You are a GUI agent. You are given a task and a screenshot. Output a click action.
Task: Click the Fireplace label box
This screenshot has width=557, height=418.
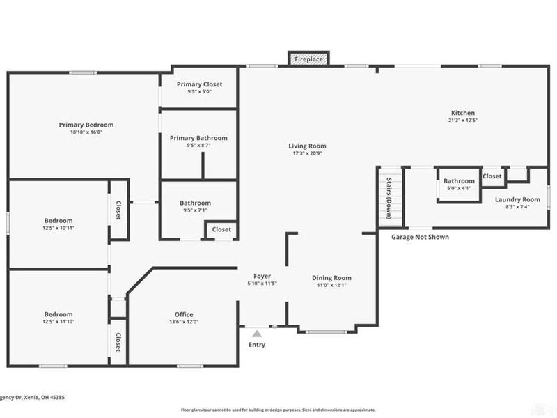click(308, 60)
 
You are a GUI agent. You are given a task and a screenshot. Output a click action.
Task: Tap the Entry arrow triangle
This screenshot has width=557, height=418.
click(256, 334)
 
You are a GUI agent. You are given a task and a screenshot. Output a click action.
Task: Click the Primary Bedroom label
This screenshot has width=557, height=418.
click(86, 125)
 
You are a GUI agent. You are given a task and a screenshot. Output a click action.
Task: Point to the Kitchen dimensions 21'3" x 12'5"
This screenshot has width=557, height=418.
click(462, 120)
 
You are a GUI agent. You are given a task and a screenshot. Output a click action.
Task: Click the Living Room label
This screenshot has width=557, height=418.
click(307, 146)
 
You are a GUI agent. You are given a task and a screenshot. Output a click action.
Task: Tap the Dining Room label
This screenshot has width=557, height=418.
click(331, 277)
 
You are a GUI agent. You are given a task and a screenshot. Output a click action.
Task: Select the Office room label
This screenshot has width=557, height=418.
click(184, 314)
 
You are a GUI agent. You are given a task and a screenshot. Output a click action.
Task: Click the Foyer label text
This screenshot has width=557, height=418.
click(262, 277)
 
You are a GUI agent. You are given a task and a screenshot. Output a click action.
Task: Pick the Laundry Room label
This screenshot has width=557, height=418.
click(517, 199)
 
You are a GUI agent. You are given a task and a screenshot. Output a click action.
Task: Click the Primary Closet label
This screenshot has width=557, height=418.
click(199, 84)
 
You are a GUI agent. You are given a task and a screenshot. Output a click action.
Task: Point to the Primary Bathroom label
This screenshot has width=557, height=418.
click(198, 138)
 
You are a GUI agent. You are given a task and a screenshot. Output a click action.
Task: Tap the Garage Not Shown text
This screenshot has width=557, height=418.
click(419, 237)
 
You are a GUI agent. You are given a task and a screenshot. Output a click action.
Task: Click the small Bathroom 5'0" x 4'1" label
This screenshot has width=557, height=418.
click(459, 181)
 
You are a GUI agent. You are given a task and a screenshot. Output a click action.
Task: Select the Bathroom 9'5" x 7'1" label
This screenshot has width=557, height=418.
click(195, 203)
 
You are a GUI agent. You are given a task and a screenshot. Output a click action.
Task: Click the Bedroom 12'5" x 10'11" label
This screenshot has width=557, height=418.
click(58, 222)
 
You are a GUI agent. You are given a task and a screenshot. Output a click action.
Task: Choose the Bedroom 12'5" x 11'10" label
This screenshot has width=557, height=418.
click(58, 314)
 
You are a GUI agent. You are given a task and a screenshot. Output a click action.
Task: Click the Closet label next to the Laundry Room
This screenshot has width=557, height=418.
click(492, 176)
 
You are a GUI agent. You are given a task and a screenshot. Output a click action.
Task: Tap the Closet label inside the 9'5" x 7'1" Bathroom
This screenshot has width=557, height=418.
click(221, 229)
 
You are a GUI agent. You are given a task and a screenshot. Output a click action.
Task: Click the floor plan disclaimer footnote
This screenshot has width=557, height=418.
click(278, 410)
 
